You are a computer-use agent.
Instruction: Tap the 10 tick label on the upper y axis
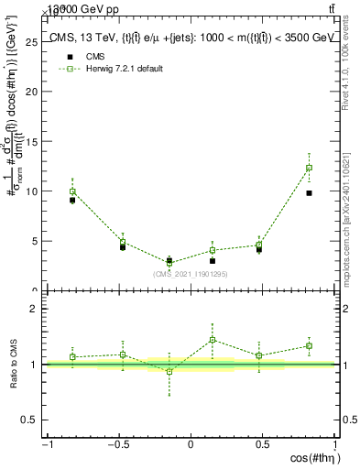point(35,191)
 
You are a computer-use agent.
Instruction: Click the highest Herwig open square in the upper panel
point(310,168)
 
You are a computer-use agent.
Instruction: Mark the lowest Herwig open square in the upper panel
point(169,264)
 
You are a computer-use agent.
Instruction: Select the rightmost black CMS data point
point(310,193)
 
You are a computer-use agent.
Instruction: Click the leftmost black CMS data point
point(72,200)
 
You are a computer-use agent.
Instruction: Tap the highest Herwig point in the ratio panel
point(213,340)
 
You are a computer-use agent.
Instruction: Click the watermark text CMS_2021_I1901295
point(191,274)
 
